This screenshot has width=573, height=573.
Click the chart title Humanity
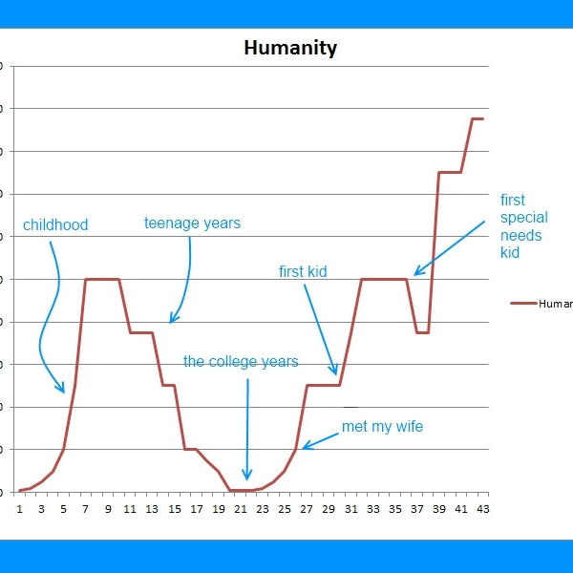(x=290, y=48)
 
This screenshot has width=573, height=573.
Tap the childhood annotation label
(x=55, y=225)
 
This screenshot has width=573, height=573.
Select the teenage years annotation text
(x=192, y=223)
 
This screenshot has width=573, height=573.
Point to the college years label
(x=241, y=362)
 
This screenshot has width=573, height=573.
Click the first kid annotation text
(x=303, y=272)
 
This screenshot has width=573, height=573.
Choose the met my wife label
(x=382, y=427)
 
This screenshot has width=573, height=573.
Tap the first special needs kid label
(x=523, y=226)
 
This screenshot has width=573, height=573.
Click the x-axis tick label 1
(x=20, y=509)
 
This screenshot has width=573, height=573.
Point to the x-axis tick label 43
(x=482, y=509)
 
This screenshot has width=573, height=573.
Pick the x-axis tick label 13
(x=152, y=509)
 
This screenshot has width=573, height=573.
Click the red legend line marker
(x=523, y=304)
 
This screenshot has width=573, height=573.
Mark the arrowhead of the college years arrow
(x=246, y=477)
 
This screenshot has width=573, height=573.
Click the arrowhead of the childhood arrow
(x=63, y=391)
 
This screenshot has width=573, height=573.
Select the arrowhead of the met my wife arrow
(x=305, y=446)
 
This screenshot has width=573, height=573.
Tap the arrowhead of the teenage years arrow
(x=172, y=321)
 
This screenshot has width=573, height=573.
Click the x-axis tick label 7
(x=86, y=509)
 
